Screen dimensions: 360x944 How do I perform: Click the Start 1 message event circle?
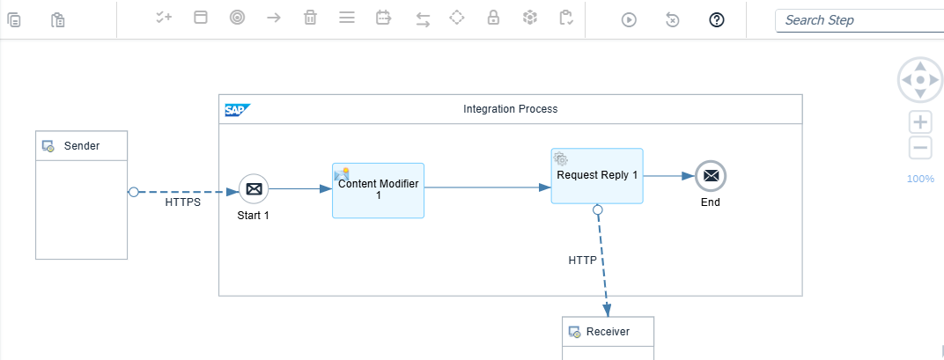pos(254,188)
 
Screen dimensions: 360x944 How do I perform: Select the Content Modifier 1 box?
pos(378,190)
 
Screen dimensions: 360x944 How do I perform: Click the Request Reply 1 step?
pos(597,176)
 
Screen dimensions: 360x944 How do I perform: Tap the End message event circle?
pos(711,176)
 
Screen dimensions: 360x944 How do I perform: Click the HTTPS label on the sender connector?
pos(183,202)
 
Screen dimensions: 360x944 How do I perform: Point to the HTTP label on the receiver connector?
pos(582,261)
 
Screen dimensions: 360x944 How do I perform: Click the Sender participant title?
pos(82,146)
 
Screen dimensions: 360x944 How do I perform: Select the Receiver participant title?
pos(608,332)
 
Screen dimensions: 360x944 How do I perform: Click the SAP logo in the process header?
pos(237,110)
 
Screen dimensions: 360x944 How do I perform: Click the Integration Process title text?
pos(510,109)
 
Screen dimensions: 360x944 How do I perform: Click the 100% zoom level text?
pos(920,179)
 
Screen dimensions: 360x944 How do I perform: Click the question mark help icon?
pos(716,19)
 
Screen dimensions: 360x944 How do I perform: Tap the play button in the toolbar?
pos(629,19)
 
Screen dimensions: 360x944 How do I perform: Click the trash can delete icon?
pos(310,18)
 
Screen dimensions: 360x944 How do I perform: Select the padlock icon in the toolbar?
pos(494,18)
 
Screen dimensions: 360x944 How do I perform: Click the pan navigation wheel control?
pos(920,80)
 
